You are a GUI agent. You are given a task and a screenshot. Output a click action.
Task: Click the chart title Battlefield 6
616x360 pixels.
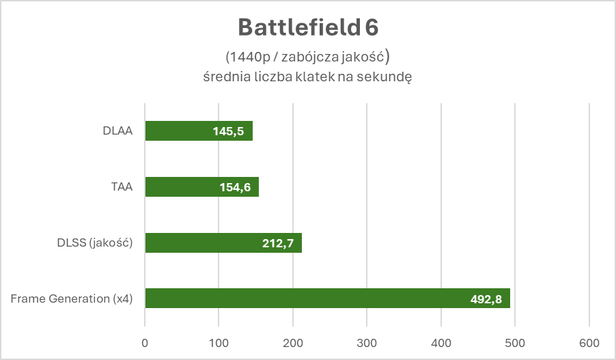307,28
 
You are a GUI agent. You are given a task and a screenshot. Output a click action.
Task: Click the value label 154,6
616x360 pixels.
234,187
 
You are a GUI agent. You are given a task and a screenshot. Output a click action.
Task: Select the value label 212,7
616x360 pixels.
277,243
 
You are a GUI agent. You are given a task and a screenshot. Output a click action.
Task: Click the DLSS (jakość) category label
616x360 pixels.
95,243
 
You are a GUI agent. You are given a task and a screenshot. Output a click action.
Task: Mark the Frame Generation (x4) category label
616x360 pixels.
71,299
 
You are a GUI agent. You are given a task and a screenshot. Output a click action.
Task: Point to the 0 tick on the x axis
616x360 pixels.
145,342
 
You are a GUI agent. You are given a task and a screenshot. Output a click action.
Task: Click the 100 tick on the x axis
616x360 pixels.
219,342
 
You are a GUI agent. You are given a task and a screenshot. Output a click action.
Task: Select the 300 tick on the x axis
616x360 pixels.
367,342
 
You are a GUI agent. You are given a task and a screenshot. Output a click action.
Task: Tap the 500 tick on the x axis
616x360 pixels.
516,342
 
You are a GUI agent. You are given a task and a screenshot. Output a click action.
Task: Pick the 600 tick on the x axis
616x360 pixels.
589,342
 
